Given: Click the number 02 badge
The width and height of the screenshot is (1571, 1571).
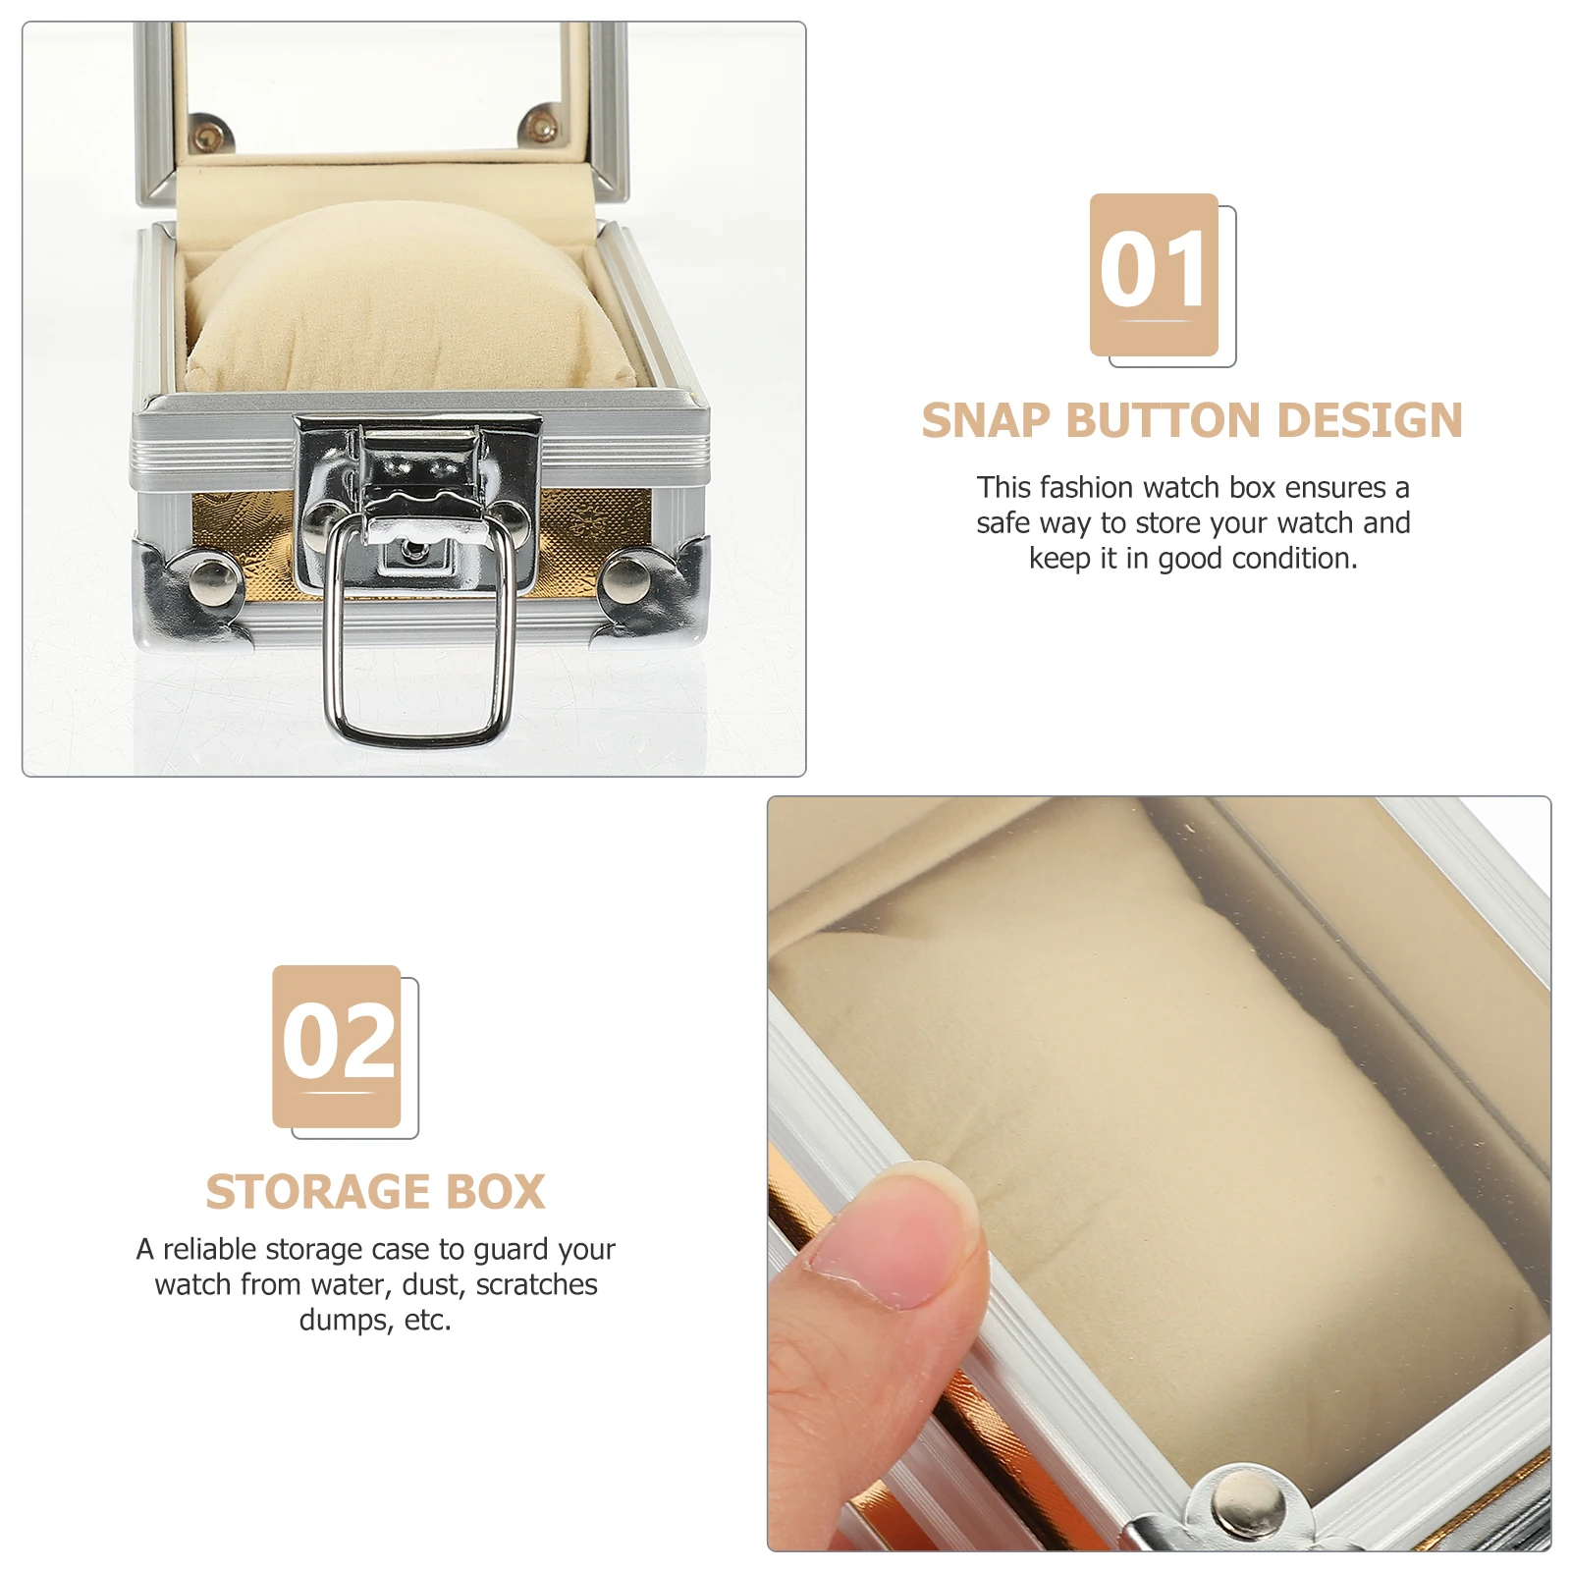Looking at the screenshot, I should pos(338,1046).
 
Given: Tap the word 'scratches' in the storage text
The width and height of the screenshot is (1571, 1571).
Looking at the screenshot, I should pos(536,1285).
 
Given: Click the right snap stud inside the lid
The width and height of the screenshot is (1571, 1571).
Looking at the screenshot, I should pos(539,126).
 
